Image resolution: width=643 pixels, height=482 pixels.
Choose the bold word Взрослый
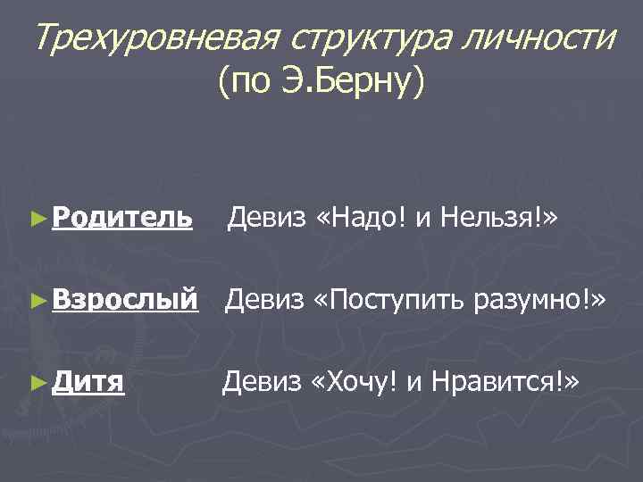125,299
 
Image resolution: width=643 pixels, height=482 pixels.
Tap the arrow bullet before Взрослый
38,300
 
